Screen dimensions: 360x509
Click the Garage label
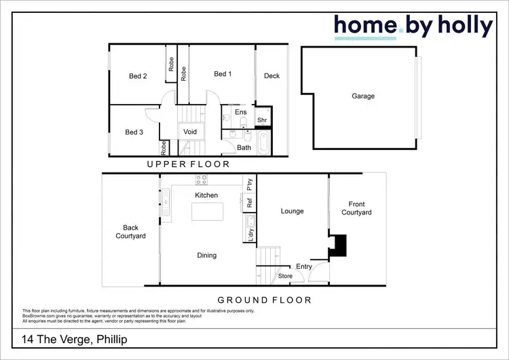click(363, 96)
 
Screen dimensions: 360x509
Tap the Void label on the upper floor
click(190, 131)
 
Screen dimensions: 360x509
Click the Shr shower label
click(262, 120)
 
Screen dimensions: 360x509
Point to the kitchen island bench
click(206, 212)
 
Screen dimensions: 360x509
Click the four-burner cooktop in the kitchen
click(202, 180)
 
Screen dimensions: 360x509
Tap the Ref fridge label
click(250, 202)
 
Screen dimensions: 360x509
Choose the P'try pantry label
click(250, 183)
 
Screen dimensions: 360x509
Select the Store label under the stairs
click(285, 276)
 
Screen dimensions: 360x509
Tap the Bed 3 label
click(134, 132)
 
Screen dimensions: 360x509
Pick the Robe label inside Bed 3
click(164, 147)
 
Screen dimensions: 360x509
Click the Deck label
click(271, 76)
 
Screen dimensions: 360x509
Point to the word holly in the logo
click(460, 26)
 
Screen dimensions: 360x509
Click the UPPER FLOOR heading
click(189, 164)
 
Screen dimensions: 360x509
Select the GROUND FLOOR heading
click(264, 300)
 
